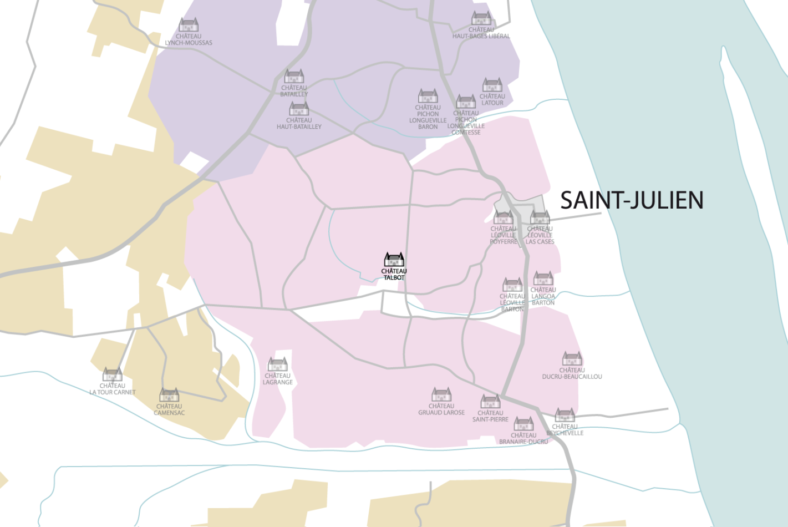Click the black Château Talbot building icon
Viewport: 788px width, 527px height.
(x=394, y=260)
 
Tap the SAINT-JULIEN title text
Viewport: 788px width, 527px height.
(x=632, y=200)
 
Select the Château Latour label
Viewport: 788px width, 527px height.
(x=492, y=100)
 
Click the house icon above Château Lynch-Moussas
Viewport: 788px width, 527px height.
(x=189, y=25)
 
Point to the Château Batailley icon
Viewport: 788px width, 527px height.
(x=294, y=76)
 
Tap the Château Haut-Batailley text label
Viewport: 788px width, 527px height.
(x=299, y=124)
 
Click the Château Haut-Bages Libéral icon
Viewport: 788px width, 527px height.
(x=481, y=18)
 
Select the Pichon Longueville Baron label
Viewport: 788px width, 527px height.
(x=428, y=117)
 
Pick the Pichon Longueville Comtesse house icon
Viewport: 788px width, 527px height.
(x=466, y=102)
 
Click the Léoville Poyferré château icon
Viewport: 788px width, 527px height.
(x=504, y=217)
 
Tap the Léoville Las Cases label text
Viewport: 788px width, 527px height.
(x=540, y=235)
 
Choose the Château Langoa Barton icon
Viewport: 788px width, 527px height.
(x=543, y=278)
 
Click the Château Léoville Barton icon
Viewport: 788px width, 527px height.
(x=512, y=285)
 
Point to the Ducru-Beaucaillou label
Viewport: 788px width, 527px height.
(x=572, y=373)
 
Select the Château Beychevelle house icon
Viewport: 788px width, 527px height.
(x=565, y=415)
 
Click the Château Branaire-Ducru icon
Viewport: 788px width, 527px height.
(x=523, y=424)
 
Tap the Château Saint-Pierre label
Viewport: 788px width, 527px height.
(x=490, y=416)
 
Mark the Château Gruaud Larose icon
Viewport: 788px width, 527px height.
(x=441, y=394)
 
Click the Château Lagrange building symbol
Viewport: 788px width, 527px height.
(x=278, y=364)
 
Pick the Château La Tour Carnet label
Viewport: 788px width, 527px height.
(x=113, y=389)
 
